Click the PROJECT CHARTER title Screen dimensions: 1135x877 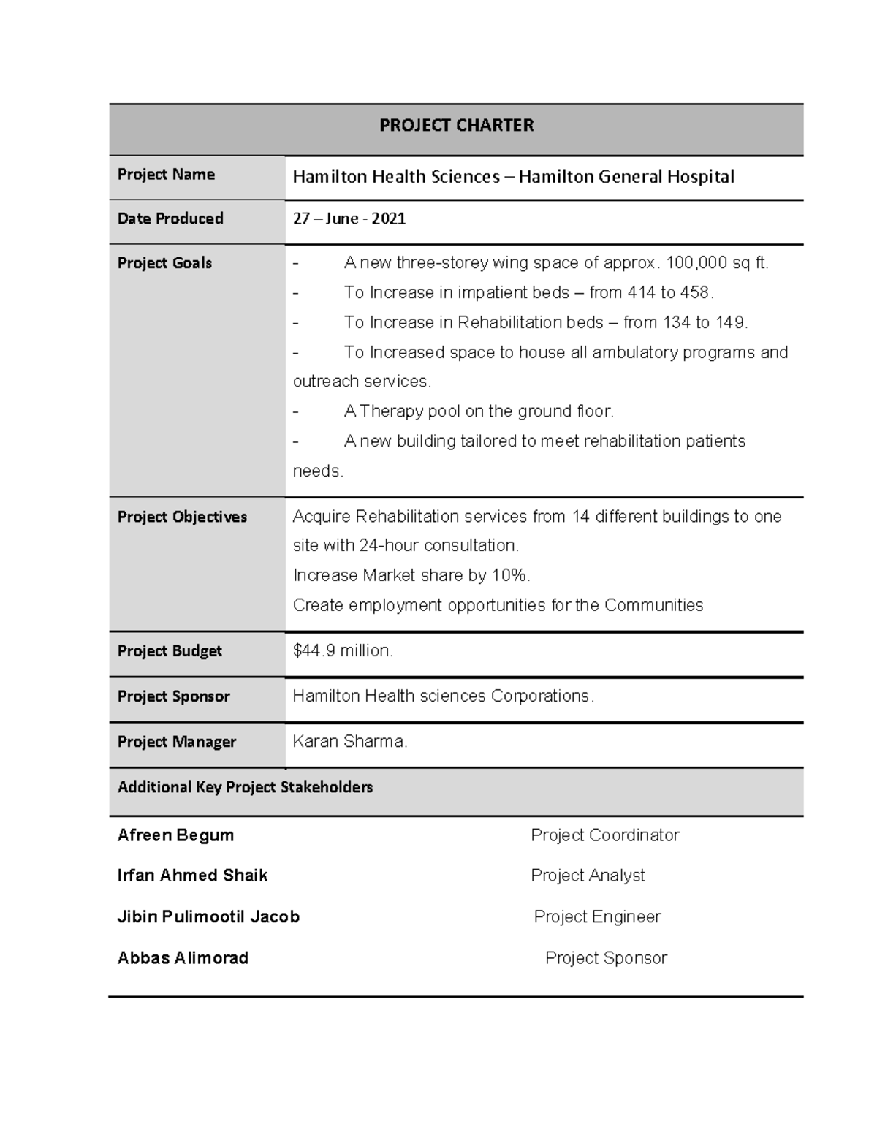456,126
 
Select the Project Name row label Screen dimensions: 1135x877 166,175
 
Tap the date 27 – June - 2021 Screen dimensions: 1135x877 349,219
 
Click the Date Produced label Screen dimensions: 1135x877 170,219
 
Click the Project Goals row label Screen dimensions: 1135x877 164,263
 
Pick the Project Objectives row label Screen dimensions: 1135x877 182,517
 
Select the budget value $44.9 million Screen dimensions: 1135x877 342,651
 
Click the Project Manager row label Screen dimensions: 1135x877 176,742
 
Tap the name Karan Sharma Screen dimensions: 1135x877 349,742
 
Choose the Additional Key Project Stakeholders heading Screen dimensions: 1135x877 245,787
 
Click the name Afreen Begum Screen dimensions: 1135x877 175,835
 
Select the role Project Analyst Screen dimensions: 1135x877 588,876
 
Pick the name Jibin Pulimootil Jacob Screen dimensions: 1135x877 208,917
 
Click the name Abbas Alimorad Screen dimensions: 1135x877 183,958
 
